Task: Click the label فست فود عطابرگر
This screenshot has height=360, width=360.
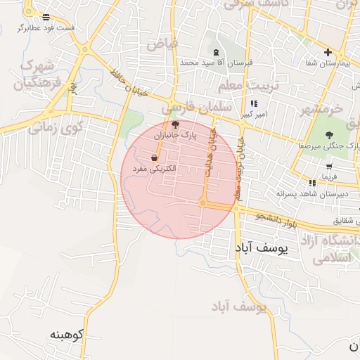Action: click(46, 27)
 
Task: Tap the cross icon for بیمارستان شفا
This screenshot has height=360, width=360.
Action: click(328, 52)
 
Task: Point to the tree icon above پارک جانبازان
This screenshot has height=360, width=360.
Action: click(175, 124)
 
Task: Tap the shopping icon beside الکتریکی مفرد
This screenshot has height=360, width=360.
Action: click(154, 158)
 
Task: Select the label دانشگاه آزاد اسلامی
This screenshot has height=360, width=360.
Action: click(329, 250)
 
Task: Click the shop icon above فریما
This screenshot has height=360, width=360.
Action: click(329, 167)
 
